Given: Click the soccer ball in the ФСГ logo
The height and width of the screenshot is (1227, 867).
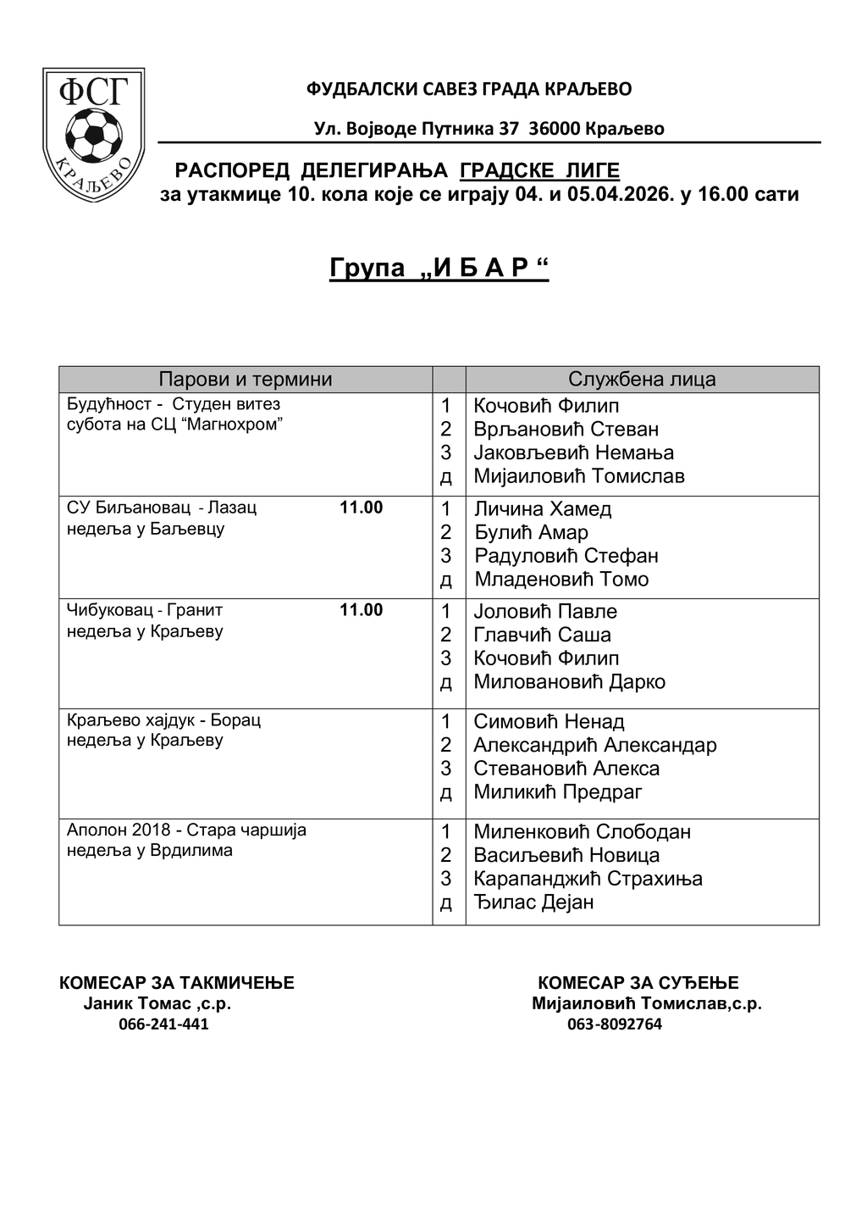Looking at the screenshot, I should click(x=93, y=133).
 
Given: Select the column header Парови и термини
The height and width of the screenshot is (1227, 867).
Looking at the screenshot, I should click(x=246, y=380).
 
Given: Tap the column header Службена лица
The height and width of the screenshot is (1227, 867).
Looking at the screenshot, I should click(x=642, y=380).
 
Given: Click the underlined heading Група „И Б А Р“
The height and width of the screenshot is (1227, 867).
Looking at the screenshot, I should click(x=439, y=269).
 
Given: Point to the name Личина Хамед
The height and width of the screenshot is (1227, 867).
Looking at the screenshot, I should click(x=543, y=509).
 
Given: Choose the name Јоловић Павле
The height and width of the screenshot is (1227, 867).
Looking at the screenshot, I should click(x=545, y=612).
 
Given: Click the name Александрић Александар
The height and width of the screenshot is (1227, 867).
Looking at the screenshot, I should click(x=595, y=746).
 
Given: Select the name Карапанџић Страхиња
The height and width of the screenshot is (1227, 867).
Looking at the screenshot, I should click(x=588, y=879).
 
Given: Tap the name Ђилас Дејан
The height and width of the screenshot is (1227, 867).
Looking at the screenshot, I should click(x=533, y=902).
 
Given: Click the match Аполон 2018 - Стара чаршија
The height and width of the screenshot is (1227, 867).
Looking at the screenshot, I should click(x=186, y=830).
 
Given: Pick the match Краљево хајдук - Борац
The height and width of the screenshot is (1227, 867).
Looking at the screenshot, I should click(x=163, y=720).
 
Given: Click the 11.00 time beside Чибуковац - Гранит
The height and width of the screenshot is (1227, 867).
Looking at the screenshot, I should click(x=361, y=610).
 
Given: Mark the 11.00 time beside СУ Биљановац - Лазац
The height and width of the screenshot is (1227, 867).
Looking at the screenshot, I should click(x=361, y=508).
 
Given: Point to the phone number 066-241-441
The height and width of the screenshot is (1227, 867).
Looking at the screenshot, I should click(x=163, y=1024).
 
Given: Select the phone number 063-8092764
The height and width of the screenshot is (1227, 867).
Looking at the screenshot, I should click(x=614, y=1024).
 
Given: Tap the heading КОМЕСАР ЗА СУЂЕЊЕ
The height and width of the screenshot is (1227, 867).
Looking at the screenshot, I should click(x=638, y=983).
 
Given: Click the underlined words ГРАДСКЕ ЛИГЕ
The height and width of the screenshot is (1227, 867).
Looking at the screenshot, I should click(x=539, y=171).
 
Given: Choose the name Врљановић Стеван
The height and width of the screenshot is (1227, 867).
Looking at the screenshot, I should click(x=566, y=430).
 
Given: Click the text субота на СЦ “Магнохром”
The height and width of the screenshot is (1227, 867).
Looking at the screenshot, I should click(x=174, y=425).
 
